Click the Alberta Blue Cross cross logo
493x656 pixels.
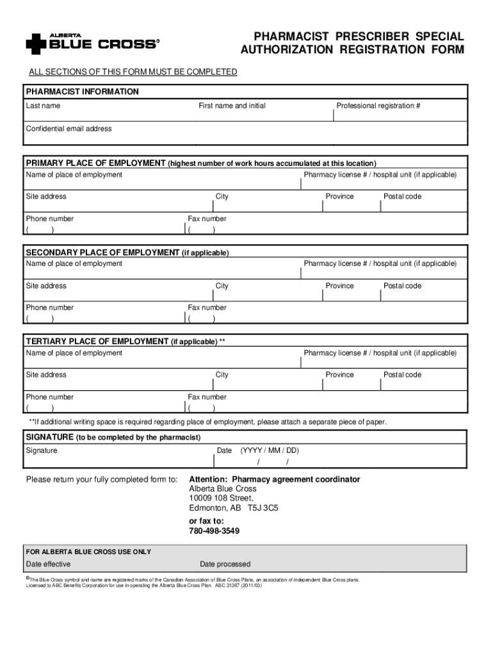(36, 44)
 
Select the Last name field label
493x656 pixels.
(43, 106)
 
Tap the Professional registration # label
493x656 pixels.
(378, 106)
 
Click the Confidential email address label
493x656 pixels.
(69, 129)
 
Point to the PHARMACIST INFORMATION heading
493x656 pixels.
(82, 92)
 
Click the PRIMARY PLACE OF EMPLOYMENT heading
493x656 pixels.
(95, 163)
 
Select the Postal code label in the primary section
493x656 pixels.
(402, 197)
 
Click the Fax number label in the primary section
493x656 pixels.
(207, 218)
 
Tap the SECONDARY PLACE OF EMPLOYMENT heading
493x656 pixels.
(102, 252)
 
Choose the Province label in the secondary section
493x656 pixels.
(339, 286)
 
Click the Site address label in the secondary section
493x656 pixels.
(46, 286)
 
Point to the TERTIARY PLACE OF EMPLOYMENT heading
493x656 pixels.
(97, 341)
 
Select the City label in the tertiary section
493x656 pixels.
(222, 375)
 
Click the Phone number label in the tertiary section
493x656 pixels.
(50, 397)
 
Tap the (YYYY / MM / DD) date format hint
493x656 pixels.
(270, 450)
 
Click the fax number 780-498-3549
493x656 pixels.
(214, 531)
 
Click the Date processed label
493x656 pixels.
(225, 564)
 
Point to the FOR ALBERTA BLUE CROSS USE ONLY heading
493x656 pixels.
(88, 552)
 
